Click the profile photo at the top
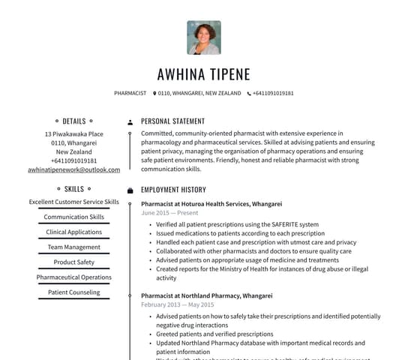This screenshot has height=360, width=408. pyautogui.click(x=203, y=37)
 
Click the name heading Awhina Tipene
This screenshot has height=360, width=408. pyautogui.click(x=203, y=74)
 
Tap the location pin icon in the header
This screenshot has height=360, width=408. pyautogui.click(x=154, y=94)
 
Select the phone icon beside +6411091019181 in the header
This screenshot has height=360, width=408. pyautogui.click(x=249, y=94)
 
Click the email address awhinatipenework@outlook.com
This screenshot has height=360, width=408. pyautogui.click(x=73, y=170)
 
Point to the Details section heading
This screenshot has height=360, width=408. pyautogui.click(x=74, y=121)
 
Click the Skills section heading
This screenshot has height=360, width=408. pyautogui.click(x=74, y=189)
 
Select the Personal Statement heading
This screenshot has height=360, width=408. pyautogui.click(x=172, y=121)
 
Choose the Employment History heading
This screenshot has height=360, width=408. pyautogui.click(x=173, y=190)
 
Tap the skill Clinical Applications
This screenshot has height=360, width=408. pyautogui.click(x=74, y=232)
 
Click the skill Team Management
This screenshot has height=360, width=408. pyautogui.click(x=74, y=247)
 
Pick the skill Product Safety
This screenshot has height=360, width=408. pyautogui.click(x=74, y=262)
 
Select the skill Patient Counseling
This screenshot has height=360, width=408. pyautogui.click(x=74, y=292)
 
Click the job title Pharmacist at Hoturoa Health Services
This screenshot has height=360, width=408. pyautogui.click(x=211, y=204)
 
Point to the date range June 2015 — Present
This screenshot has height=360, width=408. pyautogui.click(x=169, y=213)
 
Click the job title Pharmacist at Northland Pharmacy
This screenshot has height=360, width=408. pyautogui.click(x=206, y=295)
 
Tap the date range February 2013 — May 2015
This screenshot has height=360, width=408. pyautogui.click(x=177, y=305)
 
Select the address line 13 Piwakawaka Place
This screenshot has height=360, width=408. pyautogui.click(x=74, y=134)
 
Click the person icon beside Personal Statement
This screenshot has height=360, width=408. pyautogui.click(x=130, y=121)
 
